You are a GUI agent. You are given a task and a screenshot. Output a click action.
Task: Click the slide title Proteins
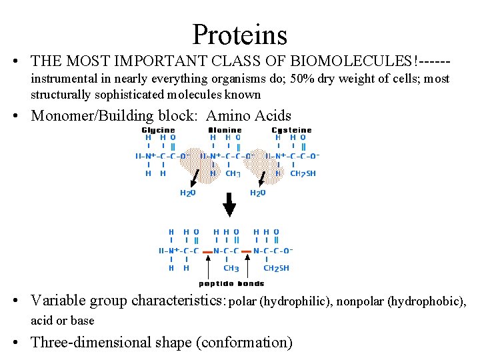(239, 34)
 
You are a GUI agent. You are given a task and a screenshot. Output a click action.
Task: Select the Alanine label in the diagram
(225, 130)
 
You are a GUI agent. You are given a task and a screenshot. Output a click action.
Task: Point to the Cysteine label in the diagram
(291, 130)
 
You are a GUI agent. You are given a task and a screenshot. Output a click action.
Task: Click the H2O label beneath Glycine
(187, 193)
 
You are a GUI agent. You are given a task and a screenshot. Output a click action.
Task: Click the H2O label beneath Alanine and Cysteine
(257, 193)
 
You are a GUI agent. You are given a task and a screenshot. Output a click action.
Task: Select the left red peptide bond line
(207, 251)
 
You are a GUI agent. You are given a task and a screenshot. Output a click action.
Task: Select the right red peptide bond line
(247, 251)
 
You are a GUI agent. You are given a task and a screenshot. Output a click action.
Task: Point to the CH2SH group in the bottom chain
(277, 269)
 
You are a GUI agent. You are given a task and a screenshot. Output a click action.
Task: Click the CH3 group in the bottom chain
(231, 269)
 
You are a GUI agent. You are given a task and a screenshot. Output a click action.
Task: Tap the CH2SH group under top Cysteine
(303, 173)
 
